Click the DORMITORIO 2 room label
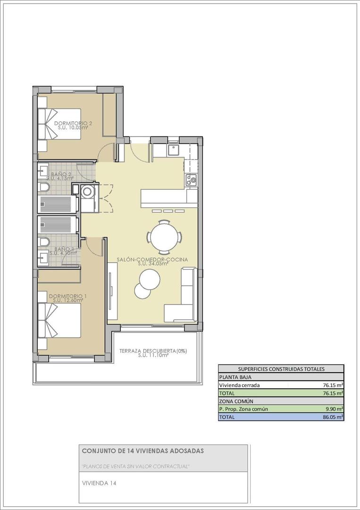[x=70, y=123]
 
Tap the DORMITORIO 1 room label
[x=68, y=296]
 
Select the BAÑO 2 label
[x=61, y=174]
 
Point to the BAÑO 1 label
[x=64, y=249]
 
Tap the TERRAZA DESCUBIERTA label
[x=153, y=351]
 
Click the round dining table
[x=165, y=235]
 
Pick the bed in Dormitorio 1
[x=59, y=320]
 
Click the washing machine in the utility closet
[x=87, y=192]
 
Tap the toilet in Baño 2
[x=43, y=189]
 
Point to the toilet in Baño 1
[x=43, y=242]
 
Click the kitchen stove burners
[x=191, y=179]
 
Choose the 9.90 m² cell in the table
[x=333, y=409]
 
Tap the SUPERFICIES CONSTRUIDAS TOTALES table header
[x=281, y=369]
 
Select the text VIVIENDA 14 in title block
[x=99, y=483]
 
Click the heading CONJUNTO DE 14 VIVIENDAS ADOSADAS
[x=143, y=451]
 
